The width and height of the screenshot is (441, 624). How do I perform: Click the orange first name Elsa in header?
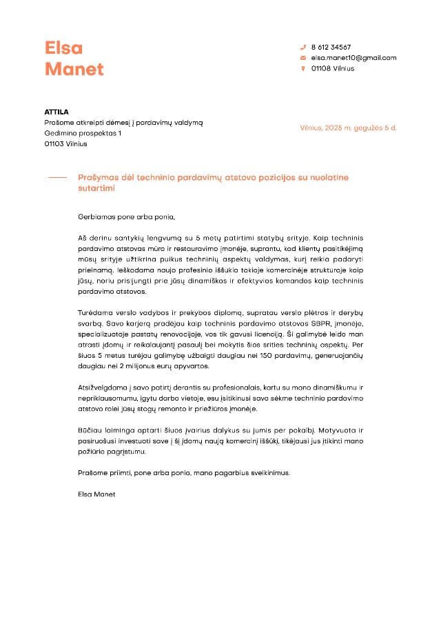[63, 48]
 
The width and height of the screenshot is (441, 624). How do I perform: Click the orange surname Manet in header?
[74, 69]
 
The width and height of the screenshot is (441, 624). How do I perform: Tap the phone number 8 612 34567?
[331, 47]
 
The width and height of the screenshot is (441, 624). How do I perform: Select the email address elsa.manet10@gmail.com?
[353, 58]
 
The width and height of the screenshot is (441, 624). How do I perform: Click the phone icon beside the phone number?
[302, 47]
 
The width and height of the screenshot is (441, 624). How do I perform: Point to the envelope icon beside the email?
[302, 58]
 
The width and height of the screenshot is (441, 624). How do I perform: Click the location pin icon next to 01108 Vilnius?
[302, 69]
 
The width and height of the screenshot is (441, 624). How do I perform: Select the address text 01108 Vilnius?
[332, 69]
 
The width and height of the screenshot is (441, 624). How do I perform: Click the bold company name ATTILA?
[57, 112]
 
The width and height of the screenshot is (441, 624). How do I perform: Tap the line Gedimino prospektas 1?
[83, 133]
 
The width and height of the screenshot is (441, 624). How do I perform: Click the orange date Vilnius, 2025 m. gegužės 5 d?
[348, 128]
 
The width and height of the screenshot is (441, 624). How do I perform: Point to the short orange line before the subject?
[57, 177]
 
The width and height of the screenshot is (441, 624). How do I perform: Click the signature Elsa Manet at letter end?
[97, 494]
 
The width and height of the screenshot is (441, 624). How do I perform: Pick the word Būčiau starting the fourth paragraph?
[90, 430]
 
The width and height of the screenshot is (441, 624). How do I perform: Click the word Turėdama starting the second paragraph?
[96, 313]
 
